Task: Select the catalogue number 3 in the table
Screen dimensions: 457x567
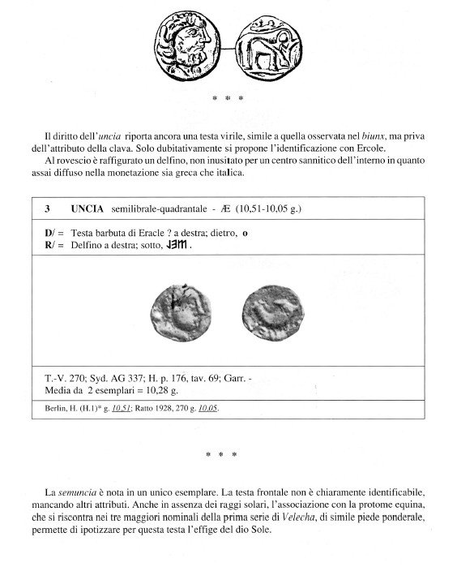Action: tap(49, 208)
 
